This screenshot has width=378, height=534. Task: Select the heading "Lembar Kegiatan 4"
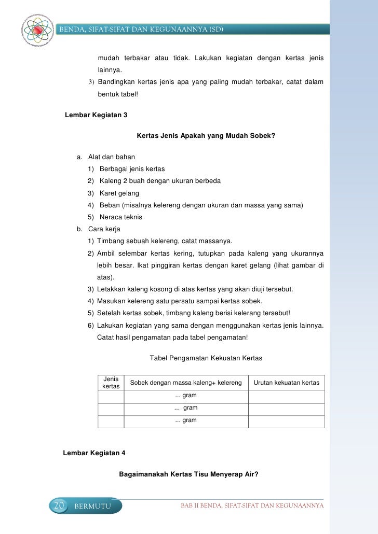click(94, 453)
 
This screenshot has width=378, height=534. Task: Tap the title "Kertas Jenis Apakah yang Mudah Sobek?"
click(205, 136)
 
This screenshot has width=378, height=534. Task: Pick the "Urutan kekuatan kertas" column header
click(286, 383)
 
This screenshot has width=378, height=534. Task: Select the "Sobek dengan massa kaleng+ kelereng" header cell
click(186, 383)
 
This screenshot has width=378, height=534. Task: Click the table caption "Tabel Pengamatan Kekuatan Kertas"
click(206, 358)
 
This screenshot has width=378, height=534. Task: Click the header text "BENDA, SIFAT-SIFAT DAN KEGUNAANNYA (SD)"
click(142, 29)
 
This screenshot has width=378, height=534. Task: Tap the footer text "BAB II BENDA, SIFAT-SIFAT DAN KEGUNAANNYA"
click(251, 505)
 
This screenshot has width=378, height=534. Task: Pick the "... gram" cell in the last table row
click(186, 420)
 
